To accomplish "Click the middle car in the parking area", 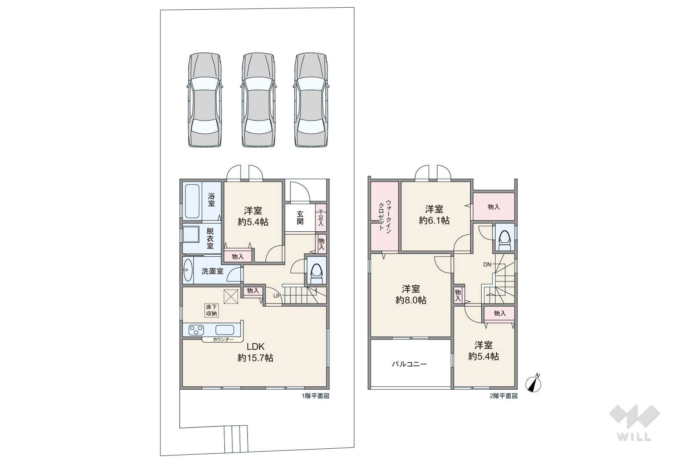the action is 259,100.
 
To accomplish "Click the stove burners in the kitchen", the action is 196,330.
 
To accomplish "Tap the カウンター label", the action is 223,340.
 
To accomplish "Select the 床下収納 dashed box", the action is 212,310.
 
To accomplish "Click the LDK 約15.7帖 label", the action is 255,352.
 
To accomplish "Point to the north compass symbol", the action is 533,384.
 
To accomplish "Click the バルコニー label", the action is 409,364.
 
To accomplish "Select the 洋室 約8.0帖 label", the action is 411,295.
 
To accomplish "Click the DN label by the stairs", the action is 487,264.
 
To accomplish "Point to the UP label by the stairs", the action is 277,295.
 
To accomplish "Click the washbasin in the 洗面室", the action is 188,270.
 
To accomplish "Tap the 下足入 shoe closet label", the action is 321,218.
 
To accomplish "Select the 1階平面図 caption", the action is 315,396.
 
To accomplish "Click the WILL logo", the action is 634,423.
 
